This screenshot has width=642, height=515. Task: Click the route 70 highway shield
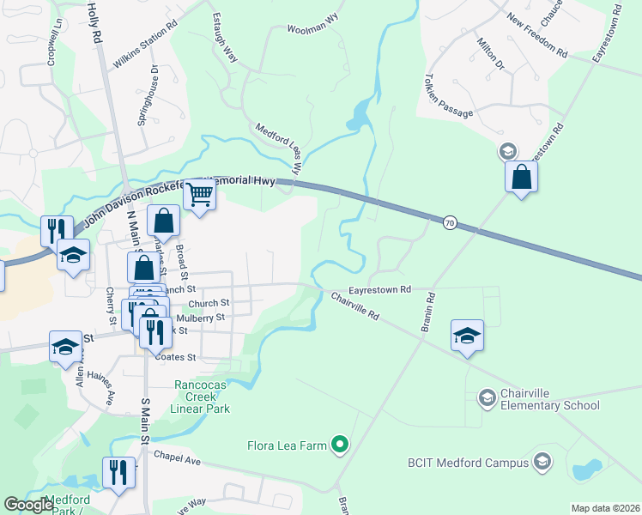[449, 223]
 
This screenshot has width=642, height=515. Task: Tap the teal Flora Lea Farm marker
[341, 445]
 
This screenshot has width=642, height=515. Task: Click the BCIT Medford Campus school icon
[542, 463]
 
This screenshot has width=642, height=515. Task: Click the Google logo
[28, 505]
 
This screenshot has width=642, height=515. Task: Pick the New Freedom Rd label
[537, 35]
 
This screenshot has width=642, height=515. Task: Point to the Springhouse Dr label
[148, 95]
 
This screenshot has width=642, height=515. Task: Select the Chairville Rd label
[355, 305]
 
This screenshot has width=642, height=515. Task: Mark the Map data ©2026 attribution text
[604, 508]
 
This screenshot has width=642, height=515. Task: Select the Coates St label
[180, 357]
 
